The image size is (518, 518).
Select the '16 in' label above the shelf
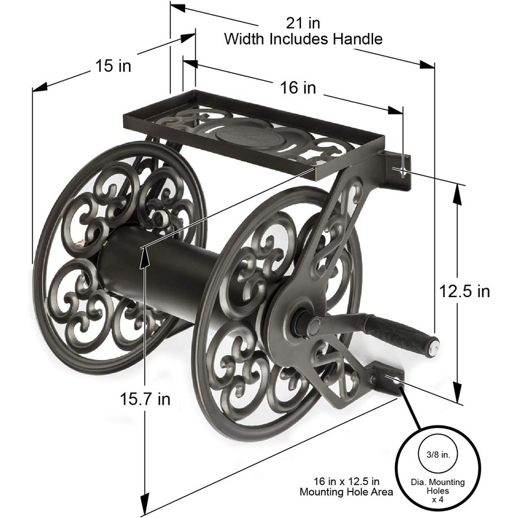click(x=297, y=87)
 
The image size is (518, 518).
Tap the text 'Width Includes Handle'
click(x=303, y=38)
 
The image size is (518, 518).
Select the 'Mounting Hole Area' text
click(x=346, y=492)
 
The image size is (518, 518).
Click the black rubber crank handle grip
click(x=396, y=330)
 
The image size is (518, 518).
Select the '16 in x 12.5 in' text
click(x=346, y=480)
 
